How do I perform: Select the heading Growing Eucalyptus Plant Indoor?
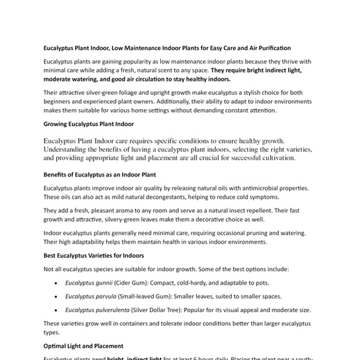pyautogui.click(x=88, y=124)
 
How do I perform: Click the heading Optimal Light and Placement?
pyautogui.click(x=83, y=346)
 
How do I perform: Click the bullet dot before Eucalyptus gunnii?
pyautogui.click(x=56, y=283)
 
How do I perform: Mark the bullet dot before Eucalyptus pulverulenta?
pyautogui.click(x=56, y=310)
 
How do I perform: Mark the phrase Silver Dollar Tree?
pyautogui.click(x=169, y=310)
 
